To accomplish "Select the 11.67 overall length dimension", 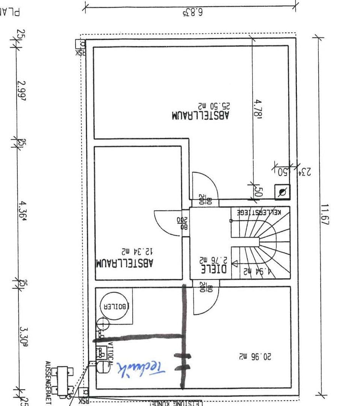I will coord(324,215).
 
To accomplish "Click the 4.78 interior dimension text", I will coord(257,109).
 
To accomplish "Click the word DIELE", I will coord(213,269).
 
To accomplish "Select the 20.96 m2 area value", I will coord(255,355).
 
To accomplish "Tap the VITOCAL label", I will coord(110,351).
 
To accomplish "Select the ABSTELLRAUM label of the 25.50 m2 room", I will coord(200,115).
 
